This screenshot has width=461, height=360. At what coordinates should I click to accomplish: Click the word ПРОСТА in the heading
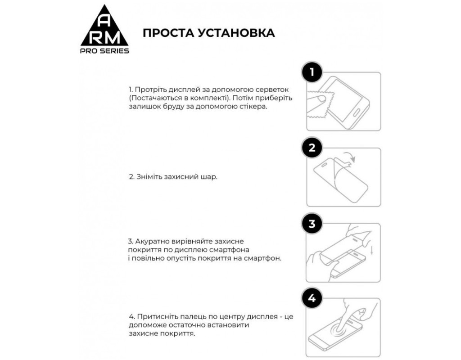coord(166,32)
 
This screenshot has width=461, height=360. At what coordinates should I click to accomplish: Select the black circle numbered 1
coord(312,72)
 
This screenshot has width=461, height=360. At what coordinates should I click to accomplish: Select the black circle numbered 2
coord(312,148)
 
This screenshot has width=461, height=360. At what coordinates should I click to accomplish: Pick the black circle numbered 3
coord(312,224)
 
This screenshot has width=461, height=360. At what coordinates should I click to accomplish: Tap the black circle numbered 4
coord(312,298)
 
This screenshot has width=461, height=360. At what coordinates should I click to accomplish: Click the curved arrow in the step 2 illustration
coord(350,157)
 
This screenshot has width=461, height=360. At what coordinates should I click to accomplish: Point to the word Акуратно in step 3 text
coord(151,241)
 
